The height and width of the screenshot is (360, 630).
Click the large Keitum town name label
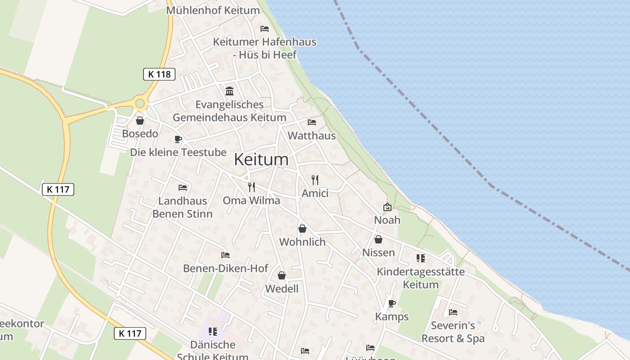click(x=261, y=159)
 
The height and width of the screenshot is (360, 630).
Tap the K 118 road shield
click(x=159, y=74)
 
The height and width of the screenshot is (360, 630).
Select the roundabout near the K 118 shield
click(x=140, y=104)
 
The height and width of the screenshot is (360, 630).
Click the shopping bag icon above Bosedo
click(x=140, y=121)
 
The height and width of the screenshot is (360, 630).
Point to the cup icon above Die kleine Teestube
click(x=178, y=139)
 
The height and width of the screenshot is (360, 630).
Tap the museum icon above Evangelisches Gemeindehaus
click(x=229, y=91)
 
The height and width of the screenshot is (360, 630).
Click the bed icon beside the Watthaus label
click(x=311, y=122)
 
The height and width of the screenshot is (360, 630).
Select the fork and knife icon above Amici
click(x=315, y=180)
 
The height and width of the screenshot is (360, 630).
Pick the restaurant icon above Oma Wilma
click(x=252, y=187)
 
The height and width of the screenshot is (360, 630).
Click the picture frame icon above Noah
click(x=387, y=207)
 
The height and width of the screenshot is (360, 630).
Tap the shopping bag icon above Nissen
click(x=378, y=239)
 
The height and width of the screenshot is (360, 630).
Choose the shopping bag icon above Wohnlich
click(x=302, y=229)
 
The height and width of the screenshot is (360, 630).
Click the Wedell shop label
click(x=282, y=288)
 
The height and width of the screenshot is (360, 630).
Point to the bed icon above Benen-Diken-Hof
click(x=225, y=255)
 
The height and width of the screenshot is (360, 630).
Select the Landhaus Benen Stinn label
click(x=182, y=207)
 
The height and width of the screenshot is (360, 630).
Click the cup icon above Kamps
click(x=392, y=303)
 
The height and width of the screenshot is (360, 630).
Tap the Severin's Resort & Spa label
click(x=453, y=332)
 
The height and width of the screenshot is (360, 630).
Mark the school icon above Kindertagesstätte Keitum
click(x=421, y=258)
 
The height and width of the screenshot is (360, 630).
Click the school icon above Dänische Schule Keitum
click(x=213, y=332)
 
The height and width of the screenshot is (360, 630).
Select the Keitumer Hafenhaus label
click(x=265, y=48)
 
